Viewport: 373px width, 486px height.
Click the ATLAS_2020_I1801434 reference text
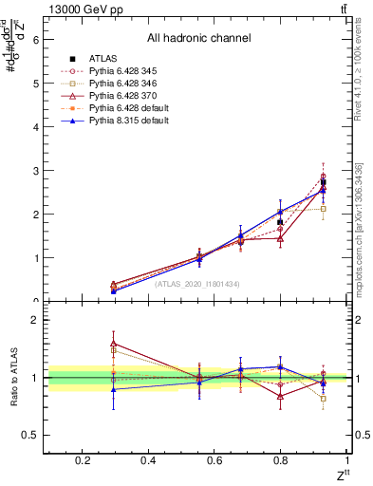coord(196,283)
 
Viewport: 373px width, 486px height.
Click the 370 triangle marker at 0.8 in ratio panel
coord(281,396)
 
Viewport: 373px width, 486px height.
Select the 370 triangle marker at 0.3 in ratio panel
coord(114,344)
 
